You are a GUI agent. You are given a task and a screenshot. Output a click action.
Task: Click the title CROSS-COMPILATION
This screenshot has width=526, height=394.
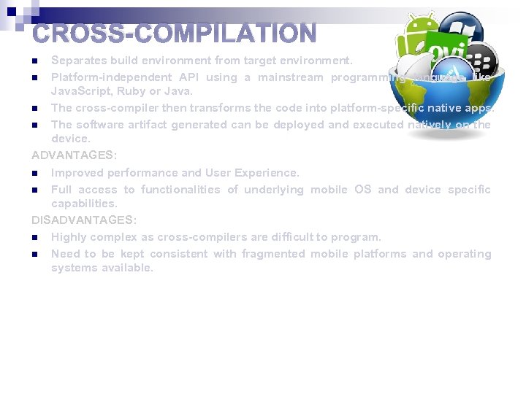(x=175, y=34)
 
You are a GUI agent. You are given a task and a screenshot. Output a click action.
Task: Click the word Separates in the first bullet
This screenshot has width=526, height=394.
(x=77, y=61)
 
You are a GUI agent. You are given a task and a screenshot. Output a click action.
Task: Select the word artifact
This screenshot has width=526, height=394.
(x=143, y=124)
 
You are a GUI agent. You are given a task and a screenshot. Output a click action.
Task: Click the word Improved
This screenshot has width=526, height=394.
(x=77, y=173)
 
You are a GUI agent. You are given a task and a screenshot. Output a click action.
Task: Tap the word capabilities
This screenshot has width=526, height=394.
(x=83, y=204)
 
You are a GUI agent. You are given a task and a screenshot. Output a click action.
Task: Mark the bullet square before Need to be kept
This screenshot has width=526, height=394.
(x=34, y=255)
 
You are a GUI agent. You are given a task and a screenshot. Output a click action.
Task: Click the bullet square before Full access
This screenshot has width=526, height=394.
(x=34, y=190)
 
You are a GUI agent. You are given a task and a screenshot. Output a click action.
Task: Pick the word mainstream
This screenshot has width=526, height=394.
(x=291, y=77)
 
